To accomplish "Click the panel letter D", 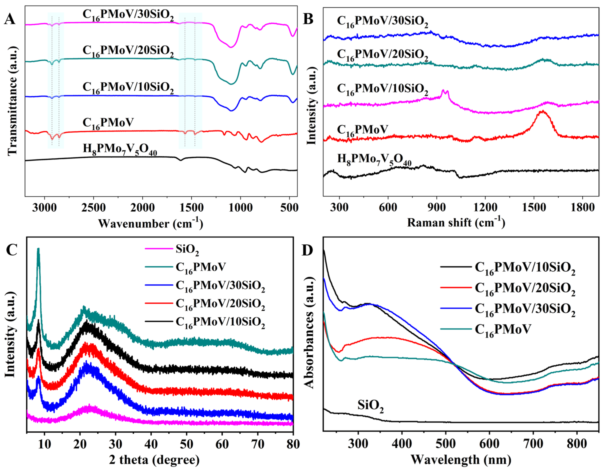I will point(308,250).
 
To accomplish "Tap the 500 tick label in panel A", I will point(289,207).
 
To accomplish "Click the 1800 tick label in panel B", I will point(582,207).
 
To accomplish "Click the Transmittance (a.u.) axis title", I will point(13,101).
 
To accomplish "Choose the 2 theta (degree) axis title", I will point(154,460).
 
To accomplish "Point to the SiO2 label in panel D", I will point(371,406).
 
